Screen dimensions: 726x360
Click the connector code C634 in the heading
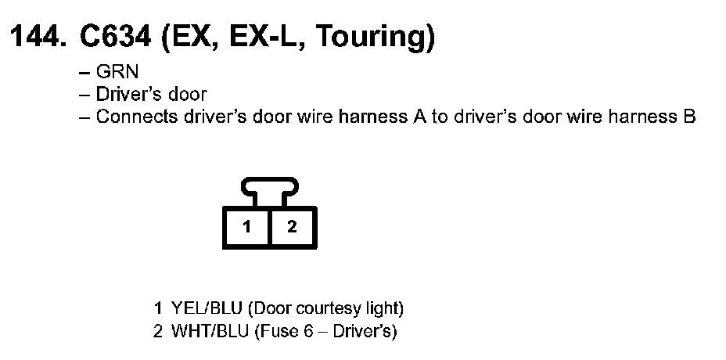coord(114,37)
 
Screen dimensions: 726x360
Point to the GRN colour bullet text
coord(117,73)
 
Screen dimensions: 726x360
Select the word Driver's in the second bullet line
coord(127,95)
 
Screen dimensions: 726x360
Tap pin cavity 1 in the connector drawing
coord(246,228)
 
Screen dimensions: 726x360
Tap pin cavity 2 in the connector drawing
coord(292,228)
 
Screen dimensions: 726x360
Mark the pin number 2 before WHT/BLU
coord(159,331)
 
